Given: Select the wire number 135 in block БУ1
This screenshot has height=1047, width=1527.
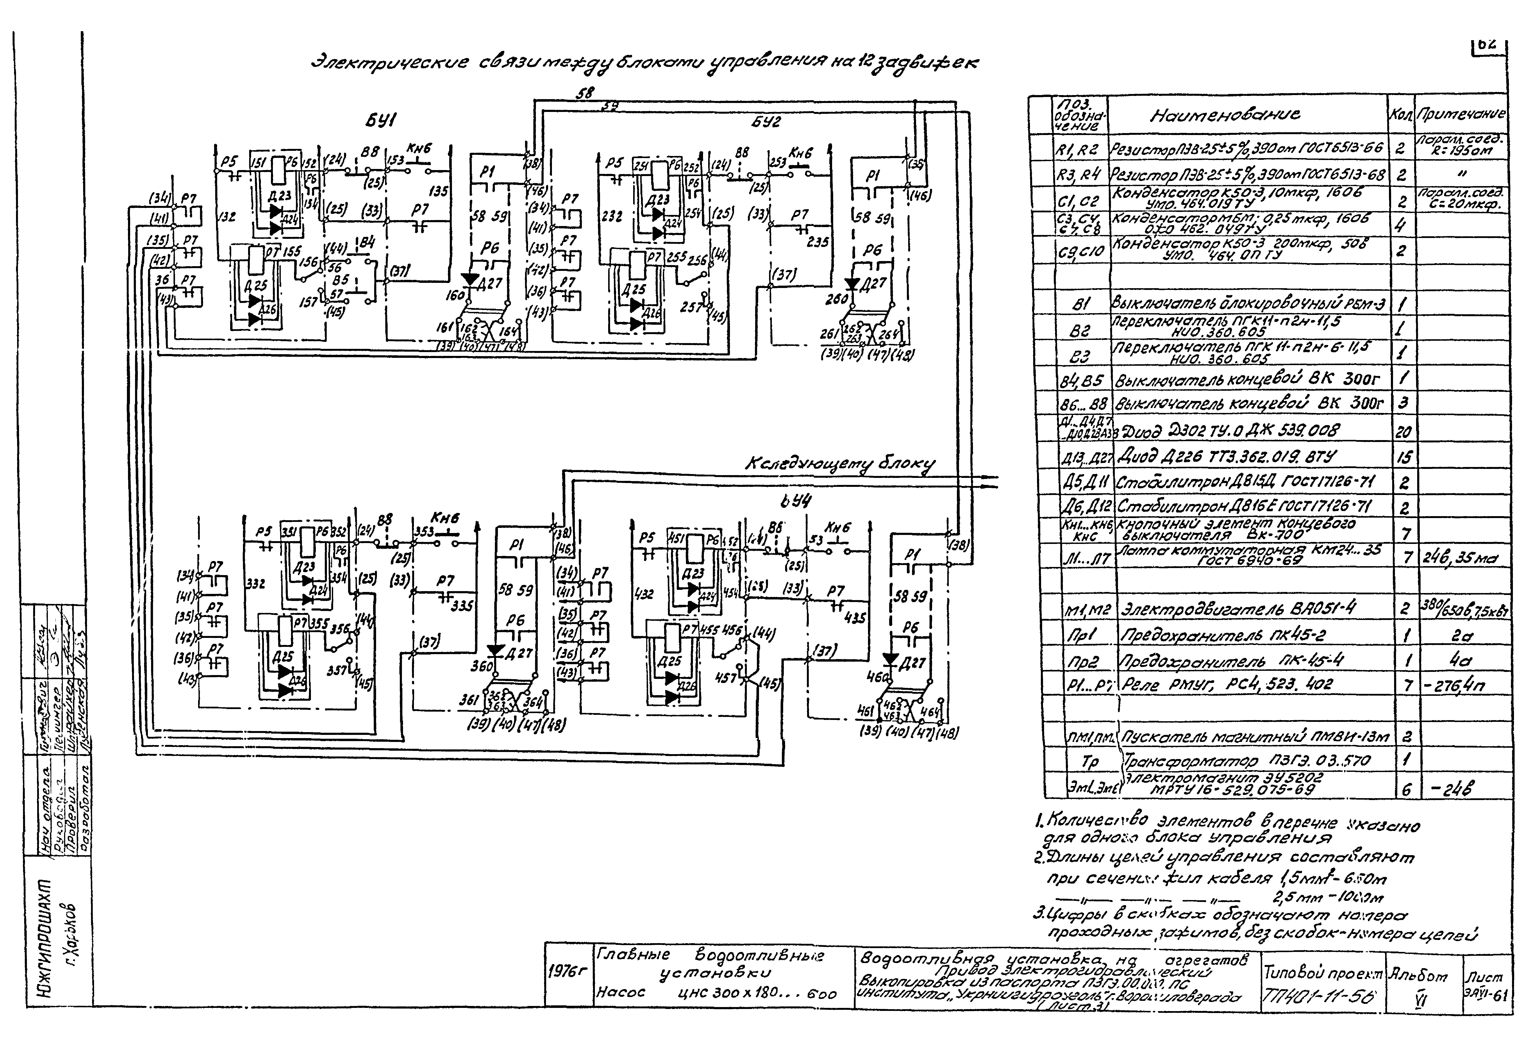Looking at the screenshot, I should [x=438, y=191].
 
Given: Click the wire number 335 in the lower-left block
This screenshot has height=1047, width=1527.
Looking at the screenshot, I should [x=462, y=606].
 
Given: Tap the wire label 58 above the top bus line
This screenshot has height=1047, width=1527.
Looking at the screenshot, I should [x=584, y=93].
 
